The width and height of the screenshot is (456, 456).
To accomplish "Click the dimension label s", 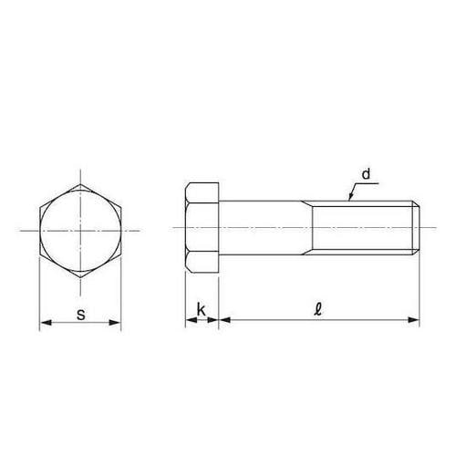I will (x=81, y=315).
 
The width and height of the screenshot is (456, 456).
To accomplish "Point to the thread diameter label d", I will (x=365, y=172).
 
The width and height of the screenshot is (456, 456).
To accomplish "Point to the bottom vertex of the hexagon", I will (x=80, y=278).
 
